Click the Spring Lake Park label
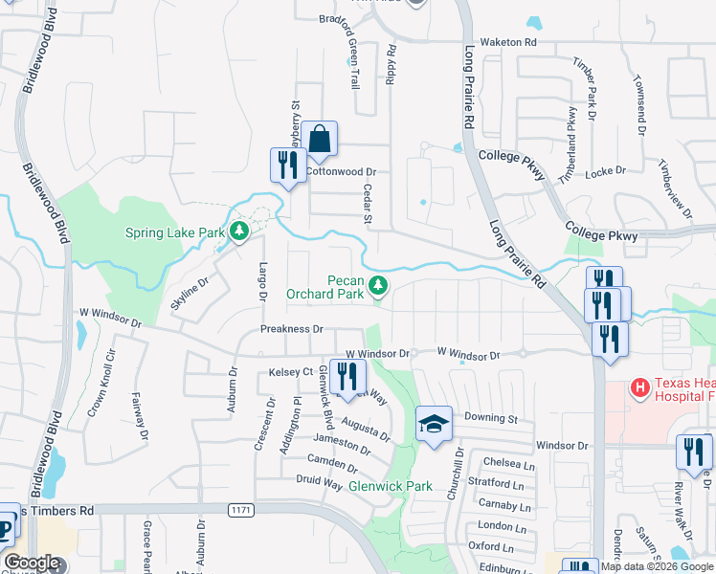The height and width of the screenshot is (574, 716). [175, 232]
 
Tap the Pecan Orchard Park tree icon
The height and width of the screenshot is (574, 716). [379, 284]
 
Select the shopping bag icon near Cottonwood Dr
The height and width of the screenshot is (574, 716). [320, 140]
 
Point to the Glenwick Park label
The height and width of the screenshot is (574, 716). [390, 486]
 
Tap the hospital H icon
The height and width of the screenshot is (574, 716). [639, 387]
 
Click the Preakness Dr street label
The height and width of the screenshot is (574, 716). [299, 328]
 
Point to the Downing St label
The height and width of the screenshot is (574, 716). [491, 419]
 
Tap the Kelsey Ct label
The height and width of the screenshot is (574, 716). [291, 371]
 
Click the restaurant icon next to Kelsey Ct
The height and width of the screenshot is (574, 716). [347, 376]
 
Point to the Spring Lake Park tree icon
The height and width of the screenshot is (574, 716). [238, 231]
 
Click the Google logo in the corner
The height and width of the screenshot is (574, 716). [32, 563]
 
